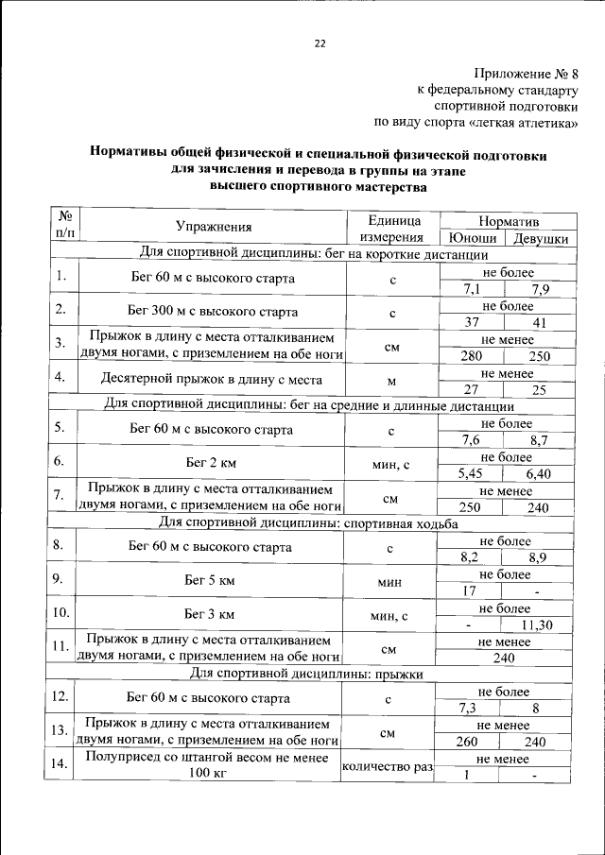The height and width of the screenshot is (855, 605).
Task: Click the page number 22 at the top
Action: pos(319,43)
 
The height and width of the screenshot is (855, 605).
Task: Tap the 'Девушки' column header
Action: pos(540,238)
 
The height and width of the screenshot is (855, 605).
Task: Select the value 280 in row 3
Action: pos(471,357)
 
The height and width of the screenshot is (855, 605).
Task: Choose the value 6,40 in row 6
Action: pos(538,473)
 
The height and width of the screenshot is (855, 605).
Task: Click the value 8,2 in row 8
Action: pos(470,557)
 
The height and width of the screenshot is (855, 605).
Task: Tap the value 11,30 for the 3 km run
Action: pos(537,625)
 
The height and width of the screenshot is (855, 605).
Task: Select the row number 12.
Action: pos(60,697)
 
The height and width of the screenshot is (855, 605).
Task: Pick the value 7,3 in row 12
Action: pos(468,708)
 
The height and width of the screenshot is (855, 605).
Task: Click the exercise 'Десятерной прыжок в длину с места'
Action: pos(212,380)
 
